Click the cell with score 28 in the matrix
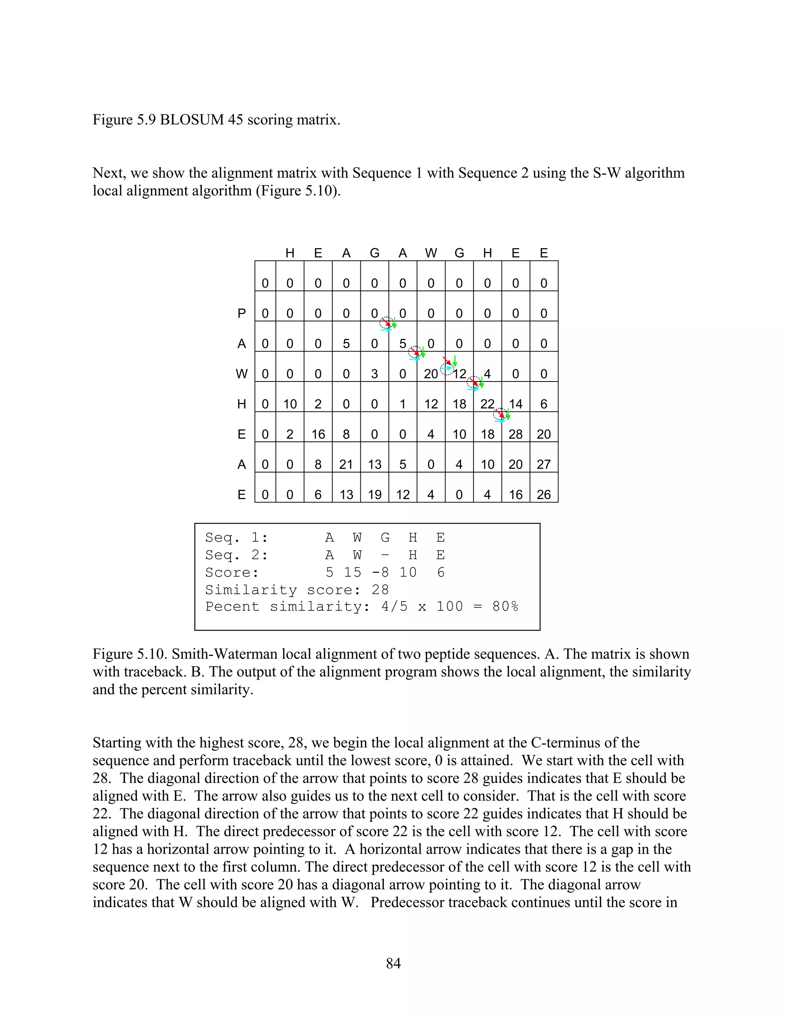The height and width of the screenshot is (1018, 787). coord(515,434)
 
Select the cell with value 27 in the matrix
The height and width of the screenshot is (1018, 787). coord(544,465)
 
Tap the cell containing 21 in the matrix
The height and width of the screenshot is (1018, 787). coord(346,465)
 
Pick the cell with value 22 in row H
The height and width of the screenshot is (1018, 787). coord(487,404)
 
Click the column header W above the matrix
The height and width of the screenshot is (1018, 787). coord(431,253)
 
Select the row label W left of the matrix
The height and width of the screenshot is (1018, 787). coord(241,374)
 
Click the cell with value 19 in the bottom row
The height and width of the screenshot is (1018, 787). coord(374,494)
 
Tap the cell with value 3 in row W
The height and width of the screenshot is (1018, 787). coord(374,374)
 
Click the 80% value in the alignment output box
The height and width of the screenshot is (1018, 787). coord(505,607)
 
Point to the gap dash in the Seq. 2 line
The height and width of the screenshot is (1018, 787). coord(385,555)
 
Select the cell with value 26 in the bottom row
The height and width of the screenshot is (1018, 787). coord(544,494)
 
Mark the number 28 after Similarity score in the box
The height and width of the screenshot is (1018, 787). coord(380,590)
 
